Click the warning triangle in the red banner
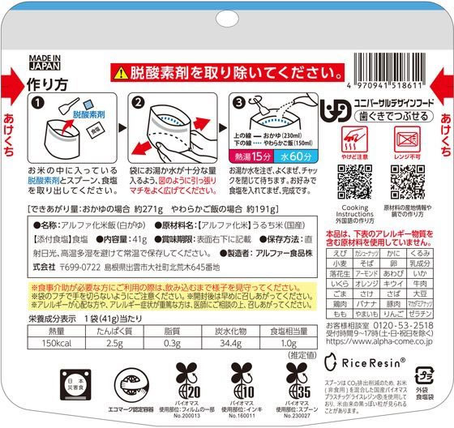coord(120,73)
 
